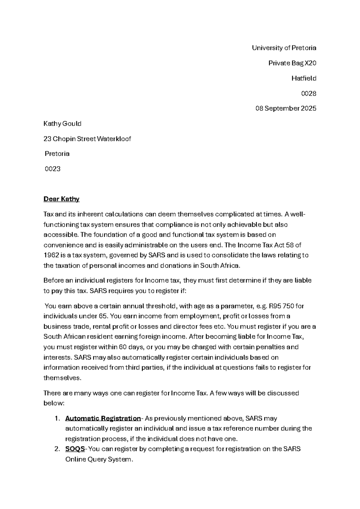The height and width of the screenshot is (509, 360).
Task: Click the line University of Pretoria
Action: pos(284,48)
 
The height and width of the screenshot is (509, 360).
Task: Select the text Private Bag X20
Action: pos(292,63)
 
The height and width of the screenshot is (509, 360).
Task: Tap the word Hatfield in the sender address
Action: pos(304,78)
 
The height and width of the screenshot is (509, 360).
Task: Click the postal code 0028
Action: pos(309,93)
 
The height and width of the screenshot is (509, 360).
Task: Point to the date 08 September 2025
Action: pos(286,108)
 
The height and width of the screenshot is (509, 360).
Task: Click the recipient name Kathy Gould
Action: pos(62,124)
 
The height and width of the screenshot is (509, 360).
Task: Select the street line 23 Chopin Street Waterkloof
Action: pos(87,139)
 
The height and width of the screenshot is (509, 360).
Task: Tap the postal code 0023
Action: pos(52,169)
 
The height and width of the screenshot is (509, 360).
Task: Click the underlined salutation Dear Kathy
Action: pos(61,199)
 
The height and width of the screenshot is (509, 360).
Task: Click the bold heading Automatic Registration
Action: pos(103,418)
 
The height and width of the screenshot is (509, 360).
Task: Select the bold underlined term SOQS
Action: pos(75,449)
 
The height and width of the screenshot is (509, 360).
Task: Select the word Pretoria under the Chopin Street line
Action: pos(57,154)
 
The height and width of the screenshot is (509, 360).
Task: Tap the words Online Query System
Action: pos(98,459)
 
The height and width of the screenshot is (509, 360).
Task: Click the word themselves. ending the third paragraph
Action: pos(62,378)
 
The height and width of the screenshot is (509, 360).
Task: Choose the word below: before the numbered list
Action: pos(54,403)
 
